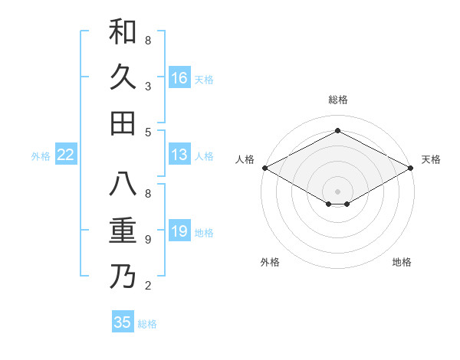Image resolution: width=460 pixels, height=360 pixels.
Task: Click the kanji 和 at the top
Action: (x=123, y=31)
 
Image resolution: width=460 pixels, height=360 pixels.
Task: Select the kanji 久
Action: (x=123, y=77)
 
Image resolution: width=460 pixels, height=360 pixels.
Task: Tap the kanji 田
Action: (x=123, y=123)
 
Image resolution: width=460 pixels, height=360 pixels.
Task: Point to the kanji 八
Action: (x=123, y=185)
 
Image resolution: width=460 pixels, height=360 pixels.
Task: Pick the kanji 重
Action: (x=123, y=231)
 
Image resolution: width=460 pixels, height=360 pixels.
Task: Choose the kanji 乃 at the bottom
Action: (x=123, y=277)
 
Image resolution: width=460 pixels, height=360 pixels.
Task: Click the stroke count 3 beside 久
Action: (x=148, y=87)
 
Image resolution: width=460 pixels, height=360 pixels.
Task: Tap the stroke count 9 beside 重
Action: (x=148, y=240)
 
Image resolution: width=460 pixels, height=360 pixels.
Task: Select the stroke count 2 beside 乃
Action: (x=148, y=286)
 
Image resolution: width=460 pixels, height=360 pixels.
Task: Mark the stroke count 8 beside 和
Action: (x=148, y=41)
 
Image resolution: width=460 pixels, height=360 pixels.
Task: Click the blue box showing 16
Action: (x=179, y=77)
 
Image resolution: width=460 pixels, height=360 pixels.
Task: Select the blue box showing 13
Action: (x=179, y=155)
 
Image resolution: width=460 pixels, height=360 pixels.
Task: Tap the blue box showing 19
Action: (x=179, y=231)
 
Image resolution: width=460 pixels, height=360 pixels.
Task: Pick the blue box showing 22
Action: (x=66, y=155)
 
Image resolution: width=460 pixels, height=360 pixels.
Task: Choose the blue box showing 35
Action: (x=123, y=322)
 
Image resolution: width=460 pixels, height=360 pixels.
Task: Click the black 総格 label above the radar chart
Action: (x=337, y=100)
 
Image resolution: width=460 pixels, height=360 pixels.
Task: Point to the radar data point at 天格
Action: (x=411, y=168)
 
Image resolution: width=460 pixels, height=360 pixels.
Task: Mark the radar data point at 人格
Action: (x=264, y=168)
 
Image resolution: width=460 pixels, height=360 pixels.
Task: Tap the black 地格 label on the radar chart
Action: (x=402, y=262)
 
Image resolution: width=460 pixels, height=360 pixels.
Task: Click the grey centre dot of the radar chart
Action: (x=337, y=191)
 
